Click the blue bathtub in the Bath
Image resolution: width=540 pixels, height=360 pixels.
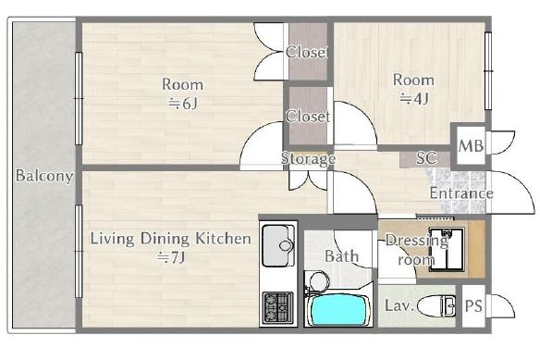[x=338, y=310]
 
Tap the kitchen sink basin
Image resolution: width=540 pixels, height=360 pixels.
[x=278, y=245]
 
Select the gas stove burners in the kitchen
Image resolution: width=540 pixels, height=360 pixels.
[x=277, y=308]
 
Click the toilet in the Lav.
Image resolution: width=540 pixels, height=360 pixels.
[x=436, y=306]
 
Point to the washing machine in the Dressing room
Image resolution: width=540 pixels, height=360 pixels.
[x=447, y=249]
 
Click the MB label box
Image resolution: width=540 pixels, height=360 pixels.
[x=471, y=146]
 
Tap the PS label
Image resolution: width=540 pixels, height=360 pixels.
[x=473, y=306]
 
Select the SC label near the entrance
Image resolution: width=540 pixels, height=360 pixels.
[x=426, y=158]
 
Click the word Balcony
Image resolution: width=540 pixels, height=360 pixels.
[x=44, y=176]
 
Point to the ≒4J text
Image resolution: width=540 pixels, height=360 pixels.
[x=413, y=99]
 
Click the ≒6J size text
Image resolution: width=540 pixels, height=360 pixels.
[x=183, y=103]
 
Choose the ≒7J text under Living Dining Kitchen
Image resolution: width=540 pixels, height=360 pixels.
[x=171, y=257]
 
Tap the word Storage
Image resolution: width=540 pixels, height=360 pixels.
[x=308, y=159]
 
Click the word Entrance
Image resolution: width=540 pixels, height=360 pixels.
[x=461, y=193]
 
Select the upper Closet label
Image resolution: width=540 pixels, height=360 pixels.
[x=307, y=52]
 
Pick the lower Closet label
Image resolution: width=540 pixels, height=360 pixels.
[x=308, y=117]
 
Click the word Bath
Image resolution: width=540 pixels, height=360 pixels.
[x=341, y=256]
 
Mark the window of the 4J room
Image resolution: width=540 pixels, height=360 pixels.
[x=488, y=70]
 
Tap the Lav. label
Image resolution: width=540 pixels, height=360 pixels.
[x=399, y=306]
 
